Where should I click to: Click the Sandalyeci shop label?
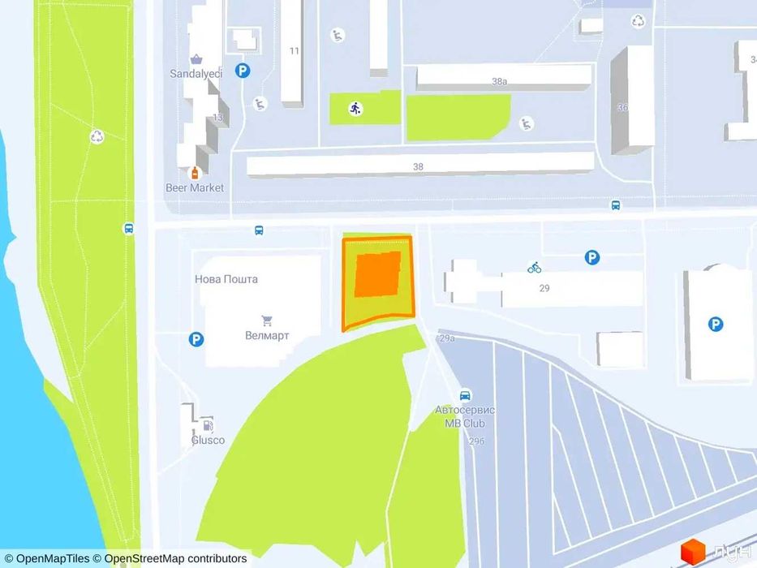point(196,72)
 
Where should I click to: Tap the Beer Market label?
point(196,187)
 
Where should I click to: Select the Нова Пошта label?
point(226,279)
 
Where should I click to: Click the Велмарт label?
point(267,335)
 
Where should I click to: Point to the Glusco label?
point(208,441)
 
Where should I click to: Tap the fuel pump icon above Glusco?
point(209,424)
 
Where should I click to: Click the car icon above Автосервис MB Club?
point(466,395)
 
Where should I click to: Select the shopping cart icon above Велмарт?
point(267,321)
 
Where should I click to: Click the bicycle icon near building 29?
point(534,267)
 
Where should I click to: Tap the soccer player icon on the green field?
point(355,109)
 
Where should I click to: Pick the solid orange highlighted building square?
point(378,274)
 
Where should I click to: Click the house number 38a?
point(499,81)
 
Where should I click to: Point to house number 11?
point(294,50)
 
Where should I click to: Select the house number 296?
point(476,441)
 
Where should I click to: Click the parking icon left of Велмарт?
point(196,339)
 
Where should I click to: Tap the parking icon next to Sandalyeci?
point(242,71)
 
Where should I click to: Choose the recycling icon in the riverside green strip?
point(97,136)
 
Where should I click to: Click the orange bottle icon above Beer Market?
point(195,173)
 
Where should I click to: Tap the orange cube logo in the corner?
point(691,552)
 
